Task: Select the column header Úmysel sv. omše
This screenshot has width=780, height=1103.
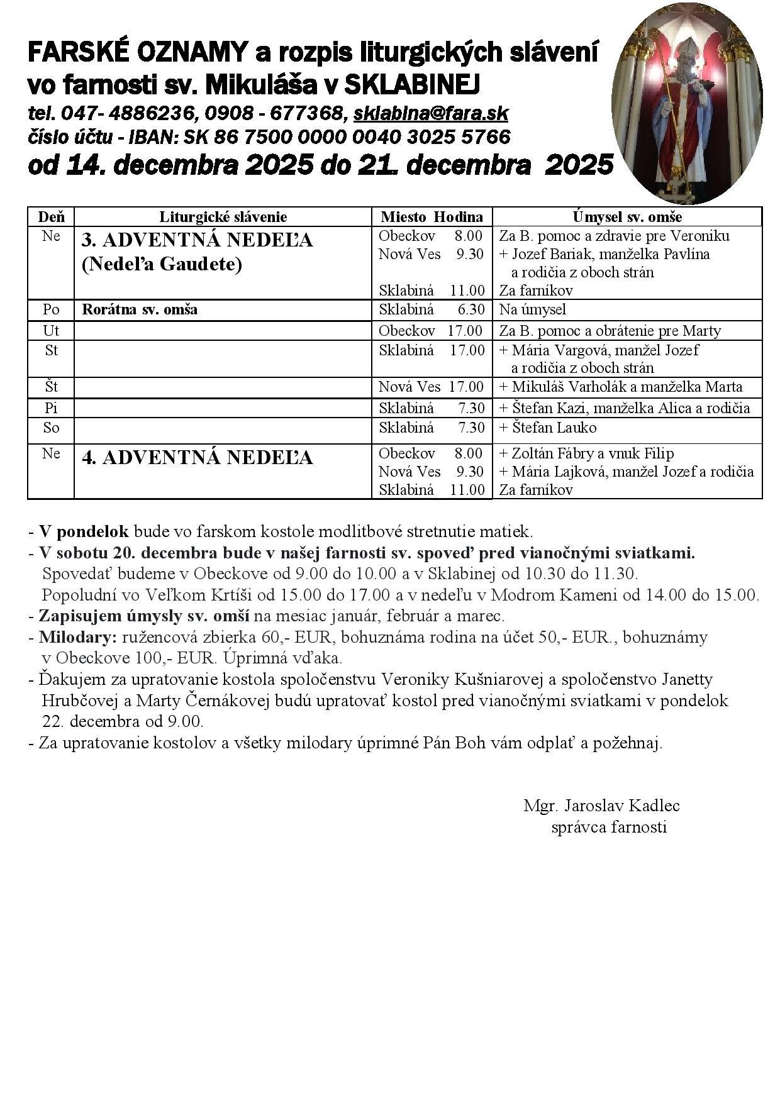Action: pyautogui.click(x=627, y=217)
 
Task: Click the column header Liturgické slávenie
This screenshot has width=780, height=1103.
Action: pyautogui.click(x=223, y=217)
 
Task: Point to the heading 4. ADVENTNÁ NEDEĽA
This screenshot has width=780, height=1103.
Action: pyautogui.click(x=197, y=458)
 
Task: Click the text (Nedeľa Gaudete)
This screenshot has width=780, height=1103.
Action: pyautogui.click(x=162, y=265)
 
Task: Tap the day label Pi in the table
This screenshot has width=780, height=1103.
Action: pyautogui.click(x=51, y=408)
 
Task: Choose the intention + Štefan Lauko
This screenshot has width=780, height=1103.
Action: pyautogui.click(x=547, y=428)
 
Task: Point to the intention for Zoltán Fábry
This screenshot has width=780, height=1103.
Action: pyautogui.click(x=586, y=453)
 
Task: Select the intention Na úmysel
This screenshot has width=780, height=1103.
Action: pyautogui.click(x=532, y=309)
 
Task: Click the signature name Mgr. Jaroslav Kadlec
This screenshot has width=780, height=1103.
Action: pyautogui.click(x=601, y=806)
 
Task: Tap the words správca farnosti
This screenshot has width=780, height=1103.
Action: pyautogui.click(x=608, y=827)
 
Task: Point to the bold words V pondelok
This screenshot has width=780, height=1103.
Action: pyautogui.click(x=84, y=532)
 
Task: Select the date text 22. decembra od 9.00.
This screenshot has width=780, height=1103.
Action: pyautogui.click(x=123, y=721)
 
